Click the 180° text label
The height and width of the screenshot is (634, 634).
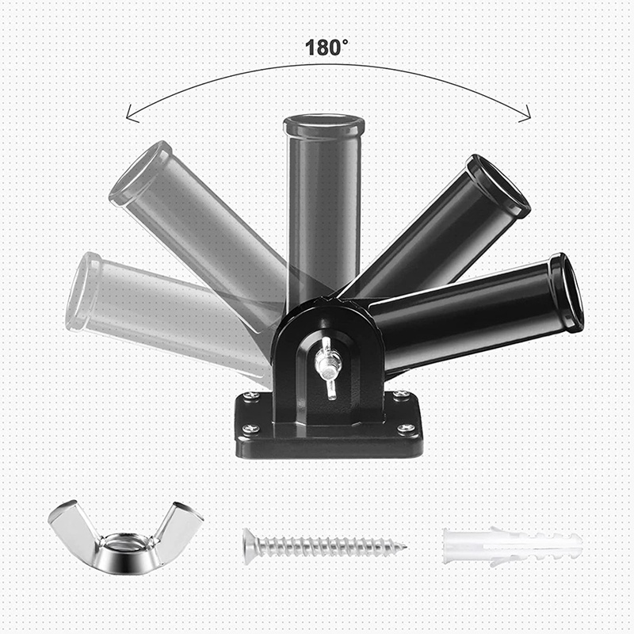click(x=327, y=47)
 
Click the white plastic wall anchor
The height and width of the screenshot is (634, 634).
click(x=511, y=546)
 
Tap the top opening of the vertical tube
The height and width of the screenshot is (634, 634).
click(x=324, y=124)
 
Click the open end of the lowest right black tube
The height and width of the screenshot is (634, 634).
click(x=567, y=292)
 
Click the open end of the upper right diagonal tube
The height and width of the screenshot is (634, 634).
click(x=499, y=185)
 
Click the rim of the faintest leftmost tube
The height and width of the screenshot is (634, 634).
click(x=83, y=291)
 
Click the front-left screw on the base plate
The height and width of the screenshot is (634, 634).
click(x=250, y=429)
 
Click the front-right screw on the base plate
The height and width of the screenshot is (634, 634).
click(x=406, y=429)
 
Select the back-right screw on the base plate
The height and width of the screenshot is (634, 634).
click(x=401, y=395)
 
